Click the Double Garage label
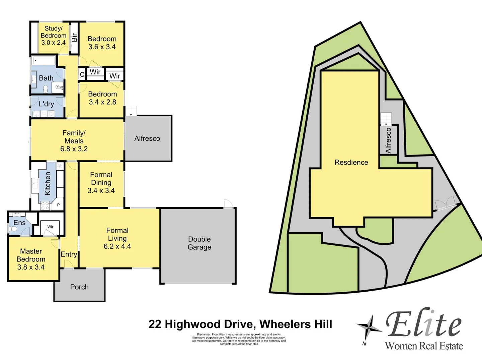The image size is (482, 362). pos(199,243)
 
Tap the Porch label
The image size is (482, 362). pos(79,287)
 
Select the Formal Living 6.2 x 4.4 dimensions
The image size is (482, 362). pos(117,246)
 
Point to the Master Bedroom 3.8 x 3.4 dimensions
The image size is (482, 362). pos(31,267)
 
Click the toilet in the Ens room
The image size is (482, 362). pos(13,229)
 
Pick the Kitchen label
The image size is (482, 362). pos(48,183)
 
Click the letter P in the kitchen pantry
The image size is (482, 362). pos(58,205)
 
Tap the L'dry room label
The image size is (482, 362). pos(46,104)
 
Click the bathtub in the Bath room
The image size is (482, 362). pos(44,61)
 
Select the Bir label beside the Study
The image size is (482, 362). pos(74,37)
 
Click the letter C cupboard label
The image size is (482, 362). pos(82,75)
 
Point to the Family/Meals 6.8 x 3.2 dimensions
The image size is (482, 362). pos(74,149)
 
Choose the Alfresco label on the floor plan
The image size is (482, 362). pos(147,138)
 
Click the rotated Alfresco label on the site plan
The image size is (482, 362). pos(388,140)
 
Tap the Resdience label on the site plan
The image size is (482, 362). pos(351,162)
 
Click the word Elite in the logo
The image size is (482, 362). pos(423,324)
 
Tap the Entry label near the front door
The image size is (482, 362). pos(69,254)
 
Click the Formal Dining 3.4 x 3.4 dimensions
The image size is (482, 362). pos(101,190)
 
